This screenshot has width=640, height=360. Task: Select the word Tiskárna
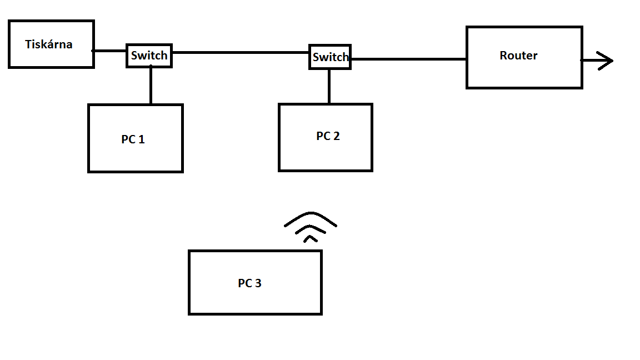tap(49, 44)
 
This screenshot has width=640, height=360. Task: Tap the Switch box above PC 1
tap(149, 56)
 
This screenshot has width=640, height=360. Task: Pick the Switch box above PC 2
tap(330, 57)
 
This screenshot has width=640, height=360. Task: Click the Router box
tap(524, 72)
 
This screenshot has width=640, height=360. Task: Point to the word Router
tap(518, 56)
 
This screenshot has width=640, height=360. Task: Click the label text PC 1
tap(133, 139)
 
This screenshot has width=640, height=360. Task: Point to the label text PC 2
tap(328, 136)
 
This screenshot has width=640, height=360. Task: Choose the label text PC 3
tap(249, 283)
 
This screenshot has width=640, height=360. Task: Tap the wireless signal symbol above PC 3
tap(311, 228)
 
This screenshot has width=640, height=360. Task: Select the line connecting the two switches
tap(240, 53)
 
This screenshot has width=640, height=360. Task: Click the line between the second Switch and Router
tap(408, 58)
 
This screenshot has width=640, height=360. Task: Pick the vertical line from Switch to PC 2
tap(329, 86)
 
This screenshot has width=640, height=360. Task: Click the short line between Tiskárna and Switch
tap(110, 51)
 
